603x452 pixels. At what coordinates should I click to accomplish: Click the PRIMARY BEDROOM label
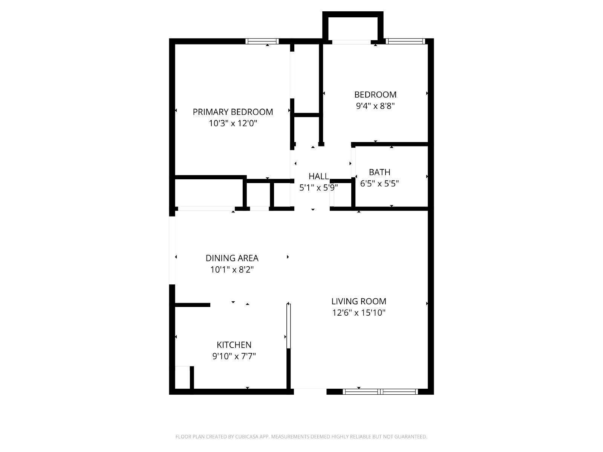233,112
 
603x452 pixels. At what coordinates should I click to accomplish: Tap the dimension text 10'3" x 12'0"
233,124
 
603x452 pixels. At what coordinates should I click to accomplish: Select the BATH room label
380,172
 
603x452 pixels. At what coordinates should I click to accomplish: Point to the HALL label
319,176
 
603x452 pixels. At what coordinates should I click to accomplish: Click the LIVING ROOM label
359,301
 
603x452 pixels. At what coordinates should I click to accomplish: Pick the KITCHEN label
234,345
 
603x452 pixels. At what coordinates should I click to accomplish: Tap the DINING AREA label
232,258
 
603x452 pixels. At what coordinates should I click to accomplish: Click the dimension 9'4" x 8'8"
375,106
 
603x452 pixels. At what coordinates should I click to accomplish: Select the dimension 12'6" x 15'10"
359,313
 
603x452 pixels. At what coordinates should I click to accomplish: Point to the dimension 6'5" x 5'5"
380,183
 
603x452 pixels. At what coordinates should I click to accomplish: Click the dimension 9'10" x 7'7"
234,356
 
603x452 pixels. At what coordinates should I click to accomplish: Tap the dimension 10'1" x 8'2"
232,270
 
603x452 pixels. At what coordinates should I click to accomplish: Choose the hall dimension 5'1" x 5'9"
319,188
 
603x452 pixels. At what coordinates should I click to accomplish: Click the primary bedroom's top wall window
262,41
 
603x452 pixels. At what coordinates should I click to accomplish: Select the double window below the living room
380,392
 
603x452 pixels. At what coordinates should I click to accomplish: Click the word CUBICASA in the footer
247,437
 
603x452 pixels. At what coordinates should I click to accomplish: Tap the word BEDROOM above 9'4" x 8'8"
375,95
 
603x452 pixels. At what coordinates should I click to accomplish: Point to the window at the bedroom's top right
406,41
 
